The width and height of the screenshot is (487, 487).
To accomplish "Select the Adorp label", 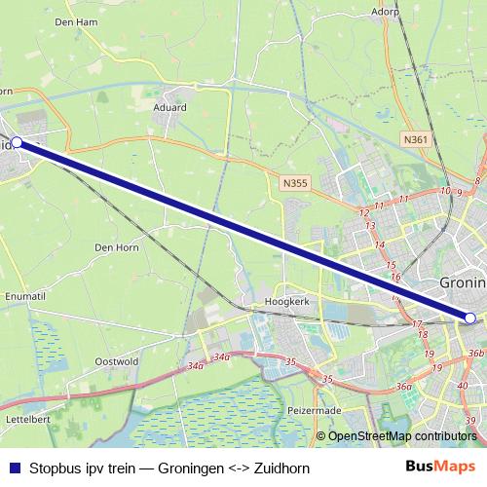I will point(387,12).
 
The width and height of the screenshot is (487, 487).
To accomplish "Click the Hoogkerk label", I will point(286,303).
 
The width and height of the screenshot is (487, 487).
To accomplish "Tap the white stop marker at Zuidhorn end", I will point(17,142).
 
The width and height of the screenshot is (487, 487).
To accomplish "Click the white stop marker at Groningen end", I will point(470,318).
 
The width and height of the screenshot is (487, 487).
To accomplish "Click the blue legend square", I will point(13,468).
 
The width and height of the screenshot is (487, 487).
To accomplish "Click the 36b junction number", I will point(475,354).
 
